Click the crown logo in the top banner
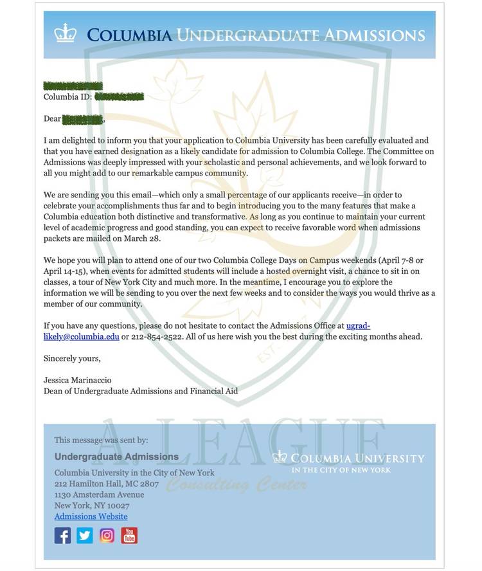point(65,33)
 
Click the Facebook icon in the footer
point(62,535)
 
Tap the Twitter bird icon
point(85,535)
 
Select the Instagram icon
point(107,535)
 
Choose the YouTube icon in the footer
point(129,535)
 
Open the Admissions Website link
point(91,516)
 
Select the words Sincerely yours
point(72,358)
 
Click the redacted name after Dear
point(83,119)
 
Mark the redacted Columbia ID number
point(119,97)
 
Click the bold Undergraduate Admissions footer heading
point(116,457)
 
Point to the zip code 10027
point(117,505)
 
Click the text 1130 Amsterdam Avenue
point(99,494)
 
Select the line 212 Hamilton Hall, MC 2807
point(106,484)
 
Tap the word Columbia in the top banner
point(129,35)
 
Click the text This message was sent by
point(101,440)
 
